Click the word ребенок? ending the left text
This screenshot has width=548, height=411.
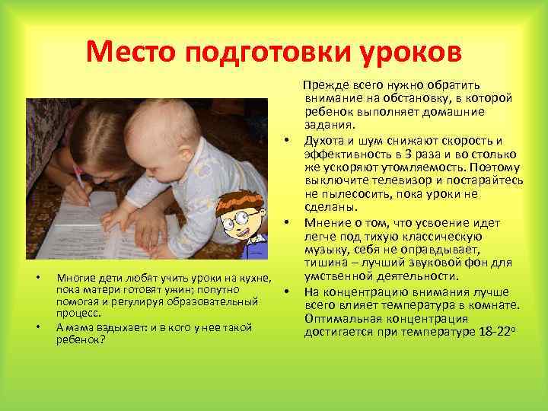pos(81,339)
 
